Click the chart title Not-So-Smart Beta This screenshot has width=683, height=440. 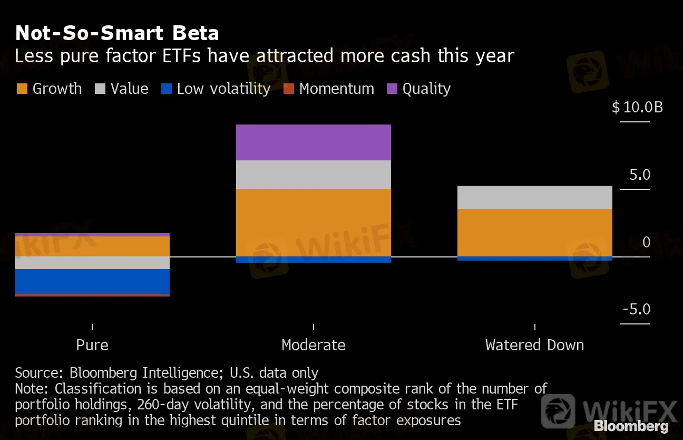117,33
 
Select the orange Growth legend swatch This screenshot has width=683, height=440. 22,89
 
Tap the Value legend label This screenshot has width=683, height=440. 129,89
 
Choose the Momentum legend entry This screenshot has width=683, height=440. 336,89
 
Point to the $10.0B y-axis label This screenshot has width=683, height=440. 637,108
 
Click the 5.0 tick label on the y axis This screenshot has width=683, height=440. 640,175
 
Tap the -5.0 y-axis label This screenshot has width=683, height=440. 636,309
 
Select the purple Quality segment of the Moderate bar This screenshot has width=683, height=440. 314,142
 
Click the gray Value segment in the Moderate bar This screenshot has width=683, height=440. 314,175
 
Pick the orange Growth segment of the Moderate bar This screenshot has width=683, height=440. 314,222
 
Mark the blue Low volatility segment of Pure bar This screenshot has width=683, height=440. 92,282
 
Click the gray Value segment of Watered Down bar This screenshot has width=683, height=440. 534,197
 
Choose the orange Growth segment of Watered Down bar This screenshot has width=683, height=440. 534,233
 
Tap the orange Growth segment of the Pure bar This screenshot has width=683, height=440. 92,246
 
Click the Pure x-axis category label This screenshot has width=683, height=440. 92,345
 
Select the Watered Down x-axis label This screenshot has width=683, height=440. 534,345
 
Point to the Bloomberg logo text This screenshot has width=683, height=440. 631,426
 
